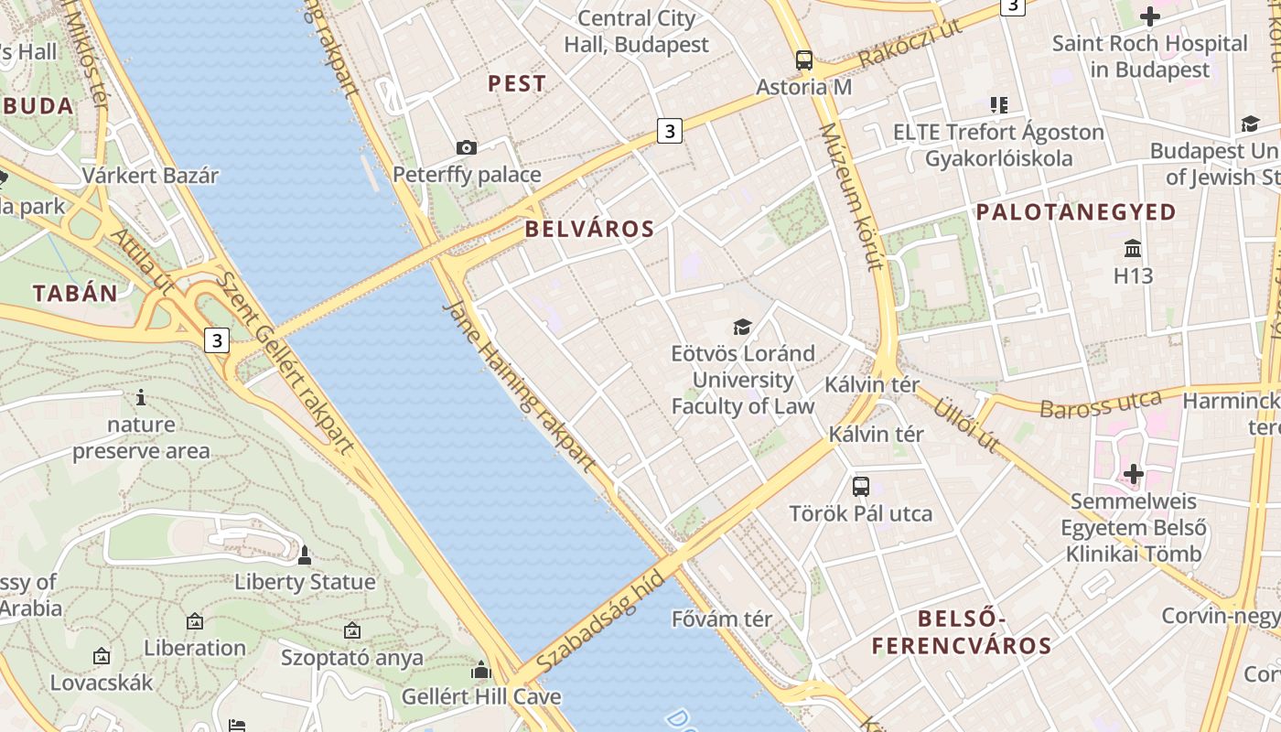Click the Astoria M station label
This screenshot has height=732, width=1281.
point(803,87)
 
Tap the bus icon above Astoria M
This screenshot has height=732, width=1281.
point(803,60)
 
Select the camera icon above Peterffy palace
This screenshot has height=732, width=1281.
point(466,147)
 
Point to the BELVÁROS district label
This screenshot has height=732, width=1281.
point(590,229)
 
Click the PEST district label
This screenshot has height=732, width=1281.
point(517,83)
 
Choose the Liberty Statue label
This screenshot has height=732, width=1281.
point(305,582)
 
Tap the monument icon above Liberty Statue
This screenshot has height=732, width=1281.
point(305,555)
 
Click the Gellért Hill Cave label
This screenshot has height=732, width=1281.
point(481,696)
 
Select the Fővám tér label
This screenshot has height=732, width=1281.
point(722,619)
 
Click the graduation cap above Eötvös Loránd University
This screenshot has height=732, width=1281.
point(742,327)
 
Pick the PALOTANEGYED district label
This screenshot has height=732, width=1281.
point(1076,212)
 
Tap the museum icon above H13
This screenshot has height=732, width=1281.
point(1133,248)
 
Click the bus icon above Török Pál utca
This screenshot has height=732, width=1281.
point(860,486)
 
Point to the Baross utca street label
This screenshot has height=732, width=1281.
point(1100,404)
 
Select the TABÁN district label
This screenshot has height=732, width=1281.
point(76,293)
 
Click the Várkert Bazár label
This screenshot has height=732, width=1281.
point(150,176)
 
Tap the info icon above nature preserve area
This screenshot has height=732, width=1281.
point(141,397)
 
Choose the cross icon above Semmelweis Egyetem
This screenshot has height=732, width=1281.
point(1134,474)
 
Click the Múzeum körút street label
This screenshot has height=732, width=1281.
point(851,197)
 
